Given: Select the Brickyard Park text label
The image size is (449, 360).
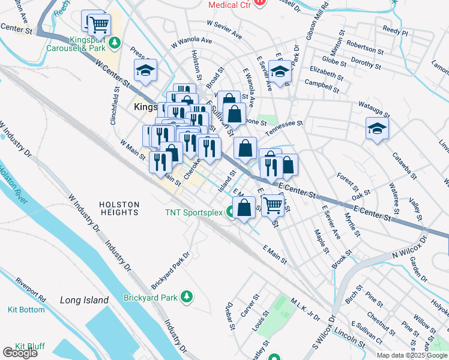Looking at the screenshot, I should point(150,297).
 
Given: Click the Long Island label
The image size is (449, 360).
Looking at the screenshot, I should point(84,300).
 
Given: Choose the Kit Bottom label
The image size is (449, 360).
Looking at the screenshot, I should point(22,310).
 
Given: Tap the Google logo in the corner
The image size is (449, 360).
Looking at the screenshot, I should point(20,353).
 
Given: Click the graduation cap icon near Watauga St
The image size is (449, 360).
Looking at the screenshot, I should point(377,128).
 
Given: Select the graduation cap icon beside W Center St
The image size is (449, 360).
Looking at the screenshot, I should point(145,71).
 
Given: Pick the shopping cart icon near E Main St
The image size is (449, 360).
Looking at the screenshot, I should point(274,205).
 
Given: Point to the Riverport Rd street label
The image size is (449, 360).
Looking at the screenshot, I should point(31,289).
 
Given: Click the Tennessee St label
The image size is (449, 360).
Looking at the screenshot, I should point(284,122).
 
